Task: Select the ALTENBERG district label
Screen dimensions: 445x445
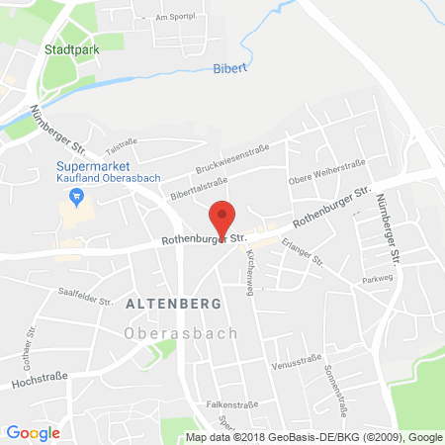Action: pos(165,306)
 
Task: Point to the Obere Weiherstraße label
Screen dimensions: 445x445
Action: pos(326,170)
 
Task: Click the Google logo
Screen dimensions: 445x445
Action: pos(33,431)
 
